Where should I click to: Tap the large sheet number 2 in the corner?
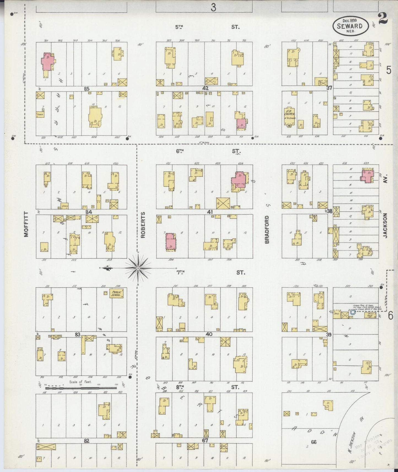[383, 19]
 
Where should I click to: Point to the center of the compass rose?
[138, 268]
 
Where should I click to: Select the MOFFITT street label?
[26, 224]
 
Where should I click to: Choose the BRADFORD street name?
[267, 229]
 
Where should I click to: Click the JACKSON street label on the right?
[385, 226]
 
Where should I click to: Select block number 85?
[87, 89]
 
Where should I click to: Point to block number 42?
[205, 88]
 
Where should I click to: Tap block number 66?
[313, 442]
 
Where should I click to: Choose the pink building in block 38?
[367, 176]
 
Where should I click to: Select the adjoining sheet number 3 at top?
[213, 7]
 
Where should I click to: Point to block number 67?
[205, 441]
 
